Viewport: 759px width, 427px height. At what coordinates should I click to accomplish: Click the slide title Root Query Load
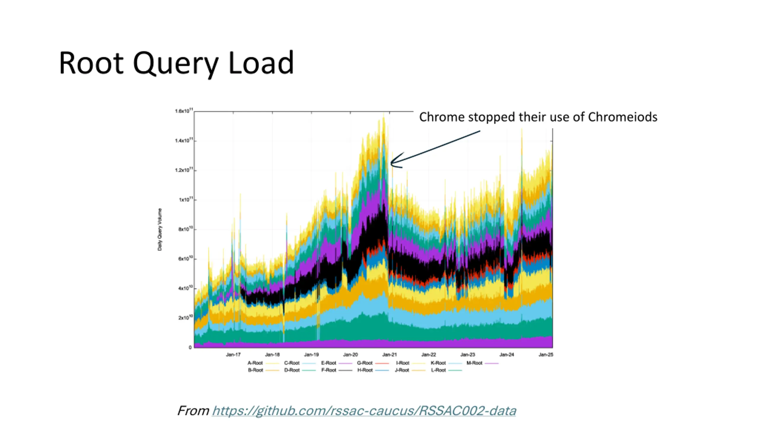pos(176,63)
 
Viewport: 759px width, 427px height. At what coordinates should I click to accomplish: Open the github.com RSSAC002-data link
pos(364,411)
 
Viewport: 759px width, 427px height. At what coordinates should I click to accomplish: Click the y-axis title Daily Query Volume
pos(160,229)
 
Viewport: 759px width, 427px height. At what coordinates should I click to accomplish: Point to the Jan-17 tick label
pos(233,355)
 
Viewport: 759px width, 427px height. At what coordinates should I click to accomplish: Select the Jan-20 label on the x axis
pos(350,355)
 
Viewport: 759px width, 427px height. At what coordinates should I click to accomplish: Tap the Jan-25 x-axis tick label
pos(546,355)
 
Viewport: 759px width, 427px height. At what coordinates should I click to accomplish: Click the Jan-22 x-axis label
pos(428,355)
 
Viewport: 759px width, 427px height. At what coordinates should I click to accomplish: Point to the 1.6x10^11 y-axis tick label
pos(184,111)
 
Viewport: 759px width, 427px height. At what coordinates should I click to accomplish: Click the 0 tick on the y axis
pos(190,348)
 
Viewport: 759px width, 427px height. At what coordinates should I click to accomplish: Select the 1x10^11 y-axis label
pos(186,200)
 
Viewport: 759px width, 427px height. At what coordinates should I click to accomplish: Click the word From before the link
pos(193,411)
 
